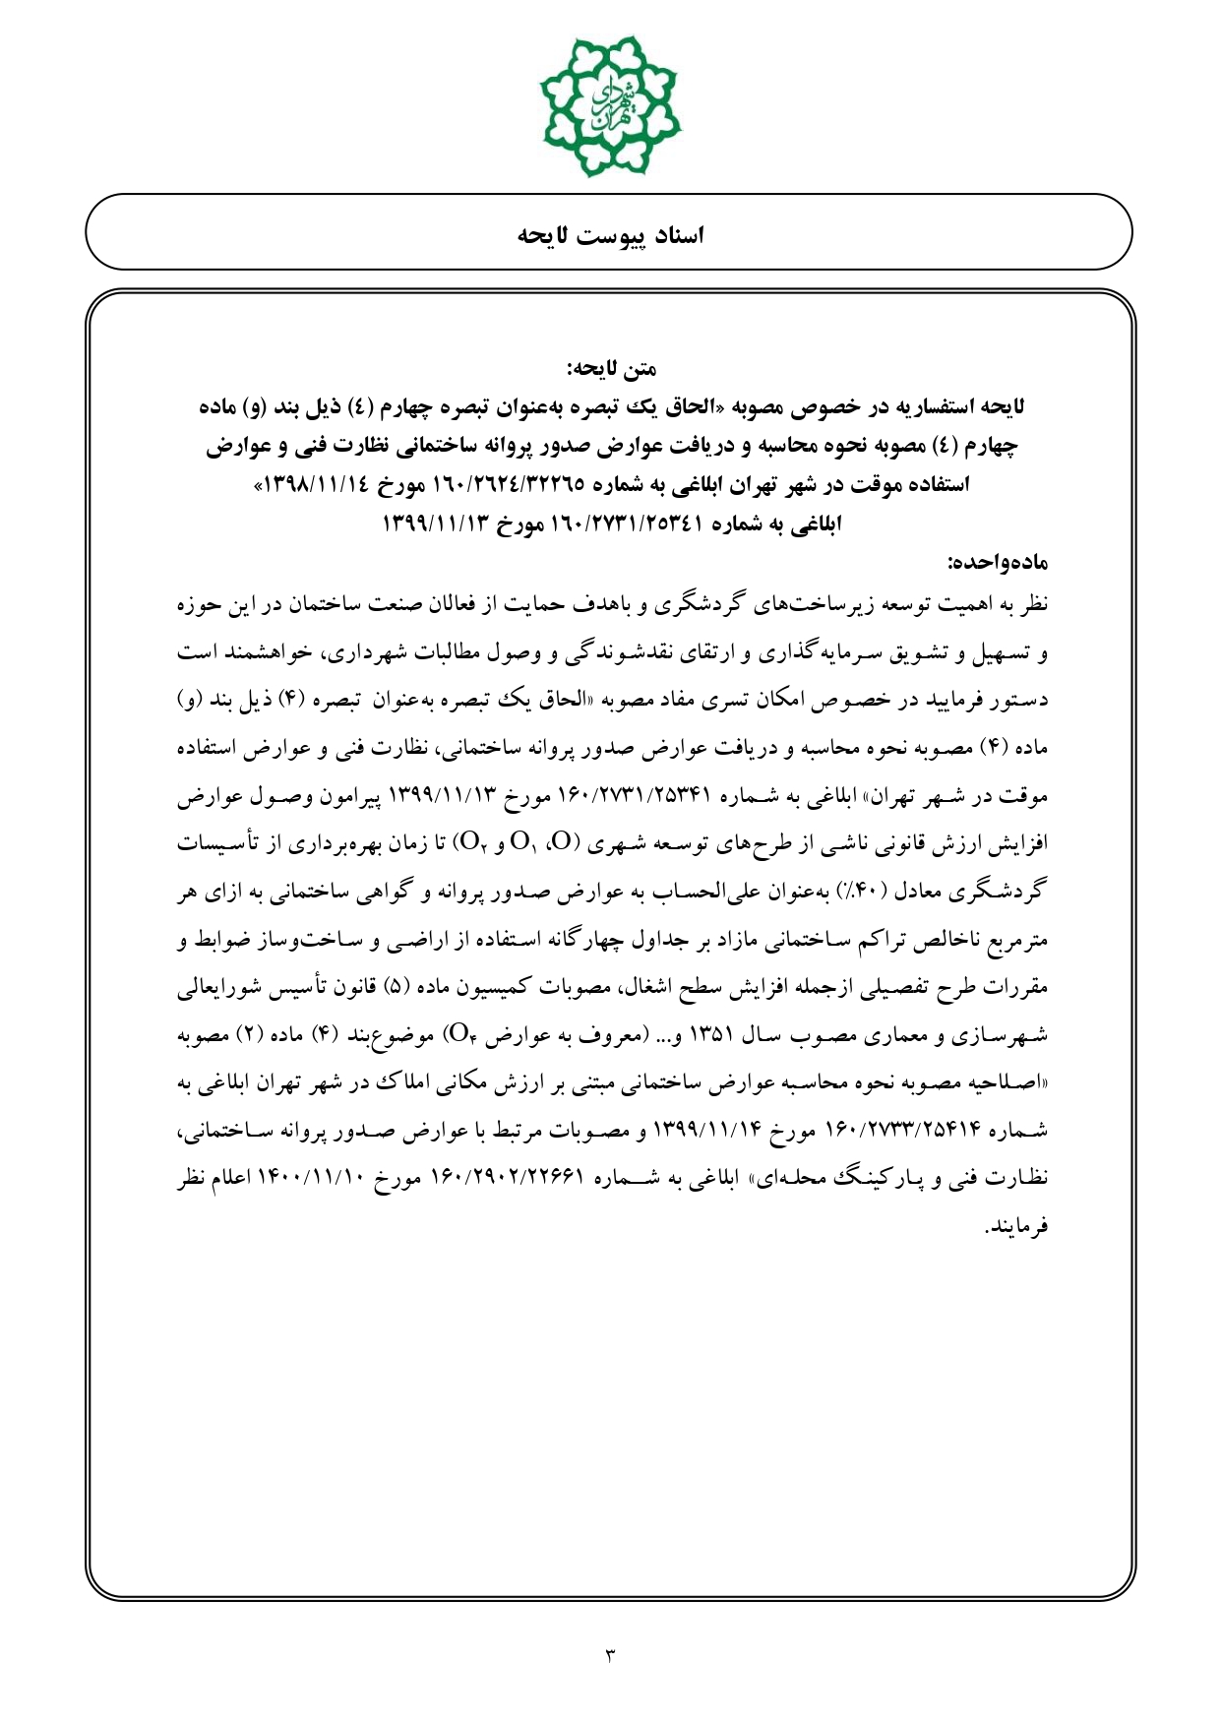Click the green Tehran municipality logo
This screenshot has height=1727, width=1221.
(x=610, y=104)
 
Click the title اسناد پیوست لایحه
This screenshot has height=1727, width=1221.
(x=610, y=236)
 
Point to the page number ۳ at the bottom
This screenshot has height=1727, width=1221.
(x=609, y=1655)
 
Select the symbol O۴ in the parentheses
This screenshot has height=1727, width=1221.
(x=460, y=1035)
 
